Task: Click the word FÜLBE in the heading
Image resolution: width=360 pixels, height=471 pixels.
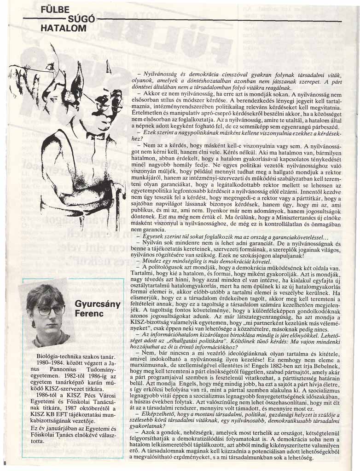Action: coord(55,10)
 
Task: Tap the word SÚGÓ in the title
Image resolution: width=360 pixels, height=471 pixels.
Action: coord(81,19)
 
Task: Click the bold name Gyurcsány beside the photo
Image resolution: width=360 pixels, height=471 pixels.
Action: coord(98,304)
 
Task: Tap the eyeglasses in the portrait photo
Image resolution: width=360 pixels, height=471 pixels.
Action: coord(50,310)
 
